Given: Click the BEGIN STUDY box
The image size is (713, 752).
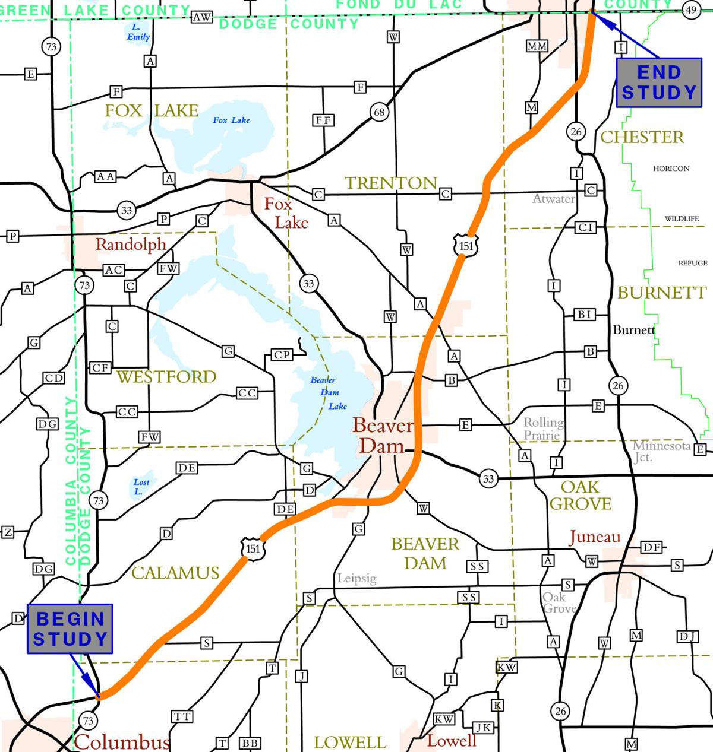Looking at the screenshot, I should (x=70, y=629).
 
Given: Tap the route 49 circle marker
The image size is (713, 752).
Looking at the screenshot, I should (x=691, y=10).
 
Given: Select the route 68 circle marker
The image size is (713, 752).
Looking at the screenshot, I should (x=379, y=112).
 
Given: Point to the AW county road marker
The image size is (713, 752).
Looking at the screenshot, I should (x=202, y=17).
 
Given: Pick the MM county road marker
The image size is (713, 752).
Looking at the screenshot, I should (x=537, y=46).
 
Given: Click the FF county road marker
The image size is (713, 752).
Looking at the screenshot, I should (x=324, y=120).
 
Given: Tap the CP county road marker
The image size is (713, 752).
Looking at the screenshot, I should (x=282, y=355).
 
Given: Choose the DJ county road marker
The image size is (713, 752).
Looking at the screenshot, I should (x=688, y=636).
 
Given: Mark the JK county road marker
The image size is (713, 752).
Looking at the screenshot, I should (x=484, y=727).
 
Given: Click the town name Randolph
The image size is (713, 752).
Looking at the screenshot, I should (x=131, y=244).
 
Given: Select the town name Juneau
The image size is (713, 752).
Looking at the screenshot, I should (x=594, y=537).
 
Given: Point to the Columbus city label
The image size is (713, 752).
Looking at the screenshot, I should (x=122, y=742).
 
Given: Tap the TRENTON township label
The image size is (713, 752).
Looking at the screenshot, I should (x=391, y=183).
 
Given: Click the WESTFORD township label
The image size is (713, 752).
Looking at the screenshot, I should (x=166, y=376).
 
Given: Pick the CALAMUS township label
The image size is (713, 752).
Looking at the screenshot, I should (x=175, y=573).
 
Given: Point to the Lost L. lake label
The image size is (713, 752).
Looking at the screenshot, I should (x=141, y=487).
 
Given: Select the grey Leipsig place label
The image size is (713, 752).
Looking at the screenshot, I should (x=356, y=578).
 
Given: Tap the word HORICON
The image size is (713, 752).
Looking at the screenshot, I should (x=671, y=169).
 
